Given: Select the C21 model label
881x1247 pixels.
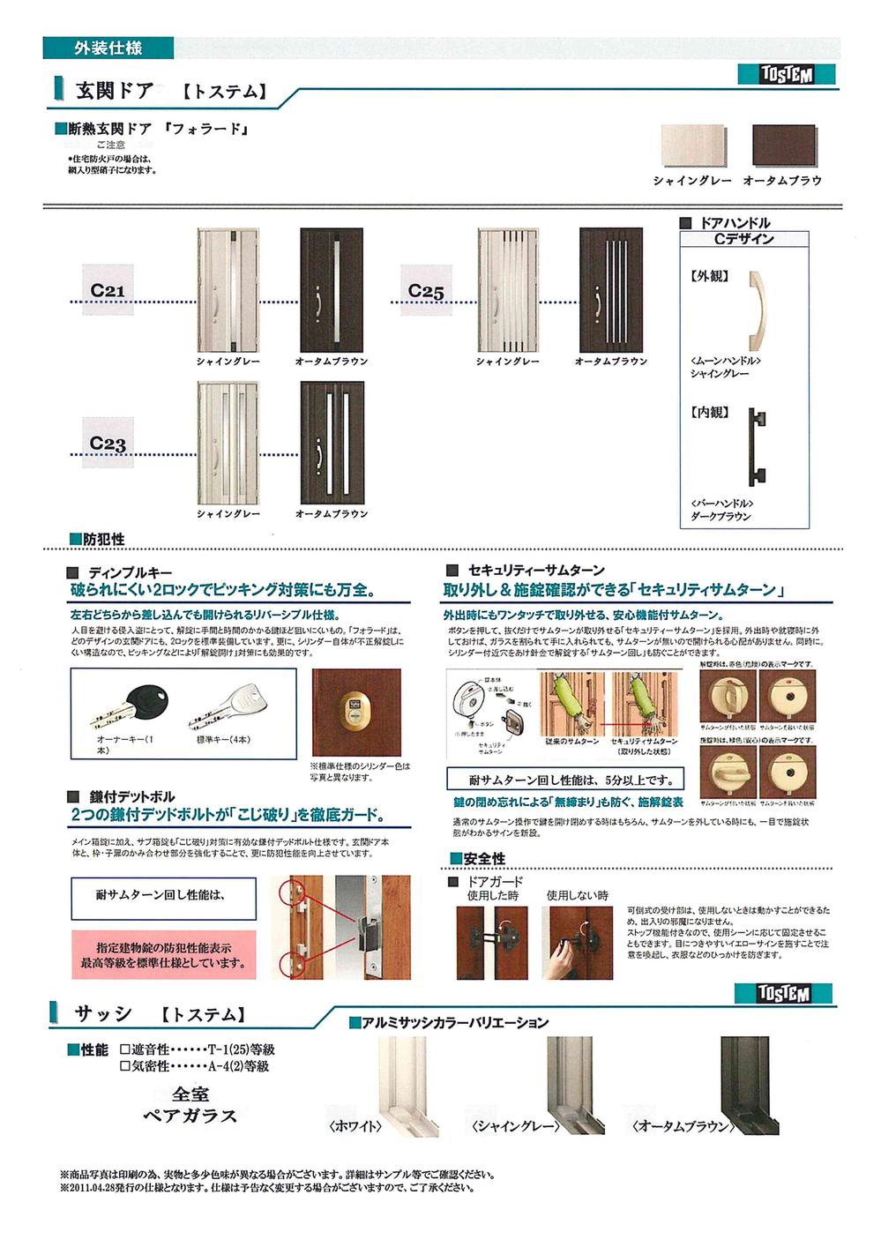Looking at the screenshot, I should tap(108, 290).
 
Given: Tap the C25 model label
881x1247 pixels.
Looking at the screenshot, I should tap(426, 290).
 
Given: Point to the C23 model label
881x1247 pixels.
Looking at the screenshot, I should tap(108, 444).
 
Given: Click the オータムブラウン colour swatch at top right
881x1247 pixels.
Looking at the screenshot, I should tap(782, 147).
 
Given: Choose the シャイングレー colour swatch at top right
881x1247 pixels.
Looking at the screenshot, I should tap(694, 147).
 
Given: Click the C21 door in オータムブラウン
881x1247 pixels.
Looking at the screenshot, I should tap(331, 290).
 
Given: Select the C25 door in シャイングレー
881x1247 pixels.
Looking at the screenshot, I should tap(508, 290).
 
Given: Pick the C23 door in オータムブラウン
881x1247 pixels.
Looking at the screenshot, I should tap(331, 443).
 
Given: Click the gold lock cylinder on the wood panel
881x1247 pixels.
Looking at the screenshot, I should tap(355, 706).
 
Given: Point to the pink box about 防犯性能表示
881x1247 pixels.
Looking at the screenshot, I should tap(163, 955).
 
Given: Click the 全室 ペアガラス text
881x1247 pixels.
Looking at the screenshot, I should tap(190, 1105).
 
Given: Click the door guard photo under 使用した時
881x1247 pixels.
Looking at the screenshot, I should tap(491, 943).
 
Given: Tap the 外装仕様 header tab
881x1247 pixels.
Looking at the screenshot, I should tap(108, 48).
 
